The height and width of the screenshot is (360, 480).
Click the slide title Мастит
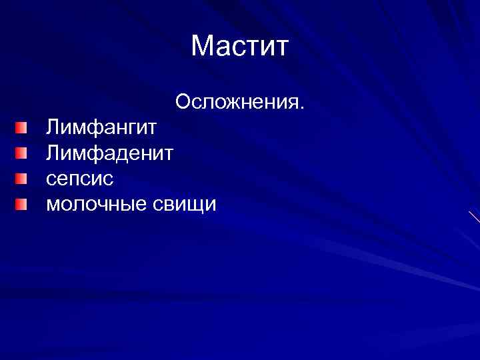click(x=239, y=47)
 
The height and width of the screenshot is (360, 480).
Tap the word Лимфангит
click(x=101, y=128)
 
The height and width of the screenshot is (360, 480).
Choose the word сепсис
click(x=80, y=179)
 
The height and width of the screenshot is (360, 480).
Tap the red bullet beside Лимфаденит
click(x=23, y=153)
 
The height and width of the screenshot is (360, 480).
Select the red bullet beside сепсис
click(x=23, y=179)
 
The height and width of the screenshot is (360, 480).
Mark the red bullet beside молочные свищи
click(x=23, y=204)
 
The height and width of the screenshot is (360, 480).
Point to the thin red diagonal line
click(x=474, y=217)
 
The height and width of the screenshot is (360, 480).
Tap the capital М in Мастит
click(x=201, y=47)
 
